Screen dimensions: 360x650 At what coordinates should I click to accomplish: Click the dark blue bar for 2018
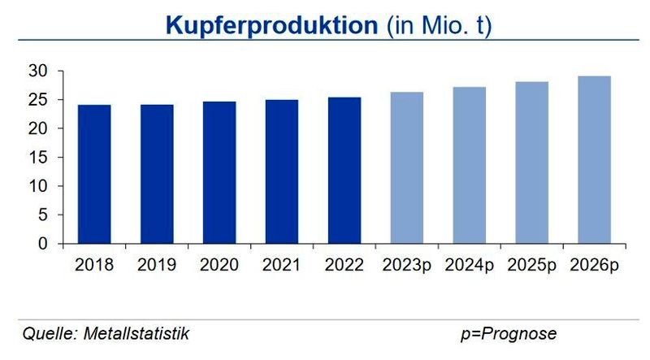click(x=94, y=174)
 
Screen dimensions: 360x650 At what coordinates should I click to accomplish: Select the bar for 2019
click(x=157, y=174)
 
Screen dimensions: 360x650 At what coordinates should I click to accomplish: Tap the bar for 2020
click(x=219, y=172)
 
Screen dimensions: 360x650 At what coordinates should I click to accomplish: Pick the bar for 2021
click(x=282, y=171)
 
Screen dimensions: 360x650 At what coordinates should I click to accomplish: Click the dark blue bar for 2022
click(x=344, y=171)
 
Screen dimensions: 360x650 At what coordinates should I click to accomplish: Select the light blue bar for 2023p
click(x=407, y=167)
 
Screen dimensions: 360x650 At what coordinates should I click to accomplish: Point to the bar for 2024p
click(x=470, y=165)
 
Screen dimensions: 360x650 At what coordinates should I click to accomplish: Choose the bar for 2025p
click(x=531, y=163)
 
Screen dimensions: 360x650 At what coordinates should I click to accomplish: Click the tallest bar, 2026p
click(x=594, y=160)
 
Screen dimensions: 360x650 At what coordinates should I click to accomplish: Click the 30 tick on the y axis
click(x=49, y=72)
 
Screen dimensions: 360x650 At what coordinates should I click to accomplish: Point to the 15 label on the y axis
click(x=49, y=158)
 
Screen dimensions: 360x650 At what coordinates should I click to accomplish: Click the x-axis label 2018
click(x=94, y=265)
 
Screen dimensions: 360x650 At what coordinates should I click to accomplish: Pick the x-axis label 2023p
click(x=407, y=265)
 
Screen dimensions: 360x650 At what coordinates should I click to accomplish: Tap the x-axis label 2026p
click(x=594, y=265)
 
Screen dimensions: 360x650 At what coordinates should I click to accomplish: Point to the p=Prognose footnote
click(x=508, y=334)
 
